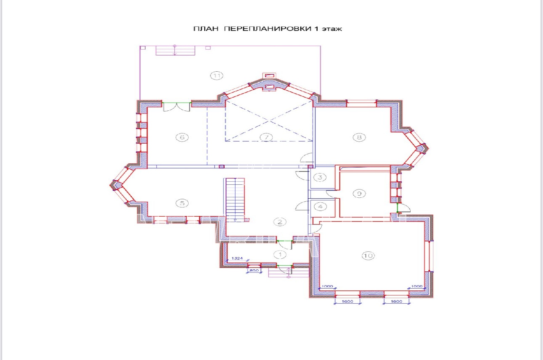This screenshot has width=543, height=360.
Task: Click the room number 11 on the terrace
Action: click(217, 76)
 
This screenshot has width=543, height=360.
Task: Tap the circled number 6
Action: click(182, 138)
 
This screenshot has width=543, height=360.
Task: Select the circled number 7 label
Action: click(266, 138)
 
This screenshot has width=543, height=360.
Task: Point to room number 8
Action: click(359, 138)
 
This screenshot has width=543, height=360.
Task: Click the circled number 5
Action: click(182, 203)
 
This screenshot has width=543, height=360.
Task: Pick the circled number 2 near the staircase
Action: click(280, 222)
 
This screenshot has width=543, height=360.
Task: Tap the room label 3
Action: click(320, 177)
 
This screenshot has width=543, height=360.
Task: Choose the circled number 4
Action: click(320, 207)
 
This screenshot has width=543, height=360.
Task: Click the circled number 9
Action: click(359, 194)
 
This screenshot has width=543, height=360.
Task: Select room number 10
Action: click(368, 256)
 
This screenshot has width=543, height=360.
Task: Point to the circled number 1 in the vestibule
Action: click(280, 254)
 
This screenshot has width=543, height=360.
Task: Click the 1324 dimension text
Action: click(237, 258)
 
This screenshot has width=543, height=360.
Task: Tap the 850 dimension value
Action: click(254, 270)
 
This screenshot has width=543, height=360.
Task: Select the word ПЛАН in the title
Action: click(206, 29)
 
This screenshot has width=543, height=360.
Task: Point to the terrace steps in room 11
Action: click(175, 51)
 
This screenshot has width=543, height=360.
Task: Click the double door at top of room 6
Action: click(176, 107)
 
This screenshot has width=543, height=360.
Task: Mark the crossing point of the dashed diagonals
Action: click(269, 121)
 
